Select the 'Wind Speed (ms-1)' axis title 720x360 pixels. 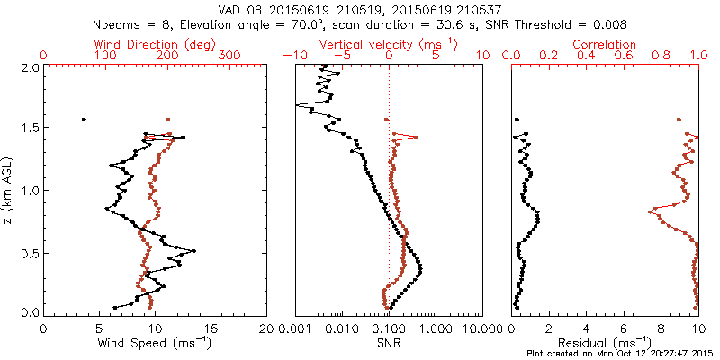pos(154,342)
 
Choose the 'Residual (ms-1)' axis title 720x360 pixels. pos(606,342)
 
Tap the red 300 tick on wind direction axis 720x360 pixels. pos(231,56)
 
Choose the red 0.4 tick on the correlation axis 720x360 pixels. pos(586,56)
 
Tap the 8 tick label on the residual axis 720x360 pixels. pos(661,328)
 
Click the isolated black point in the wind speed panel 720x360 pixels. pos(84,119)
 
